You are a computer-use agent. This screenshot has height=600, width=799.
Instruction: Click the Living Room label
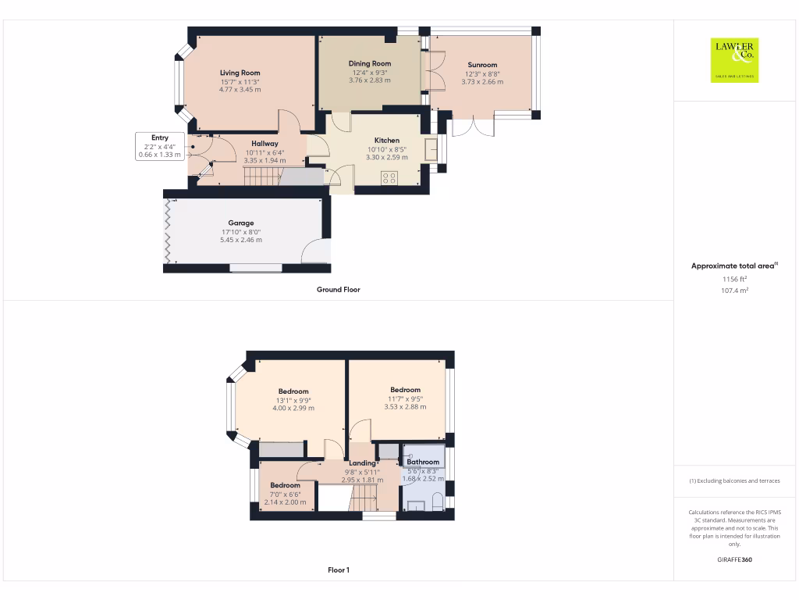pos(240,73)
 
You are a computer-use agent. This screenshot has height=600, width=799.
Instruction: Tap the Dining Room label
pos(370,63)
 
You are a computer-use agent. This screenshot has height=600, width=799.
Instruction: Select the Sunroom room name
pos(482,65)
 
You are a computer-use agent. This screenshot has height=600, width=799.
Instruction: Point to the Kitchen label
pos(387,141)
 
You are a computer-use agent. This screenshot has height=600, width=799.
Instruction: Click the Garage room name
pos(241,223)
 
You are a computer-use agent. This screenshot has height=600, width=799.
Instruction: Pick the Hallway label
pos(265,143)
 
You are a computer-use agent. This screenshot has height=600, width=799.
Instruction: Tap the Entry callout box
pos(160,146)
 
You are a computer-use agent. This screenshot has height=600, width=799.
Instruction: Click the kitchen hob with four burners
pos(389,177)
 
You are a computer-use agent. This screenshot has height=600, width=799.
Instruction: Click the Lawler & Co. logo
pos(734,60)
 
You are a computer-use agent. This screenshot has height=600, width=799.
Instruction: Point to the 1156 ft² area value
pos(733,279)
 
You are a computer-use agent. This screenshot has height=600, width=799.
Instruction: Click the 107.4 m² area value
pos(733,290)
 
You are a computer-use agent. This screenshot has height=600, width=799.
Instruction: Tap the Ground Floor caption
pos(338,289)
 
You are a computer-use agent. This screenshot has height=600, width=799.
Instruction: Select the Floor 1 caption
pos(338,570)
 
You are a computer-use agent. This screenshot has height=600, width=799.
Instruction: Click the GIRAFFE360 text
pos(733,559)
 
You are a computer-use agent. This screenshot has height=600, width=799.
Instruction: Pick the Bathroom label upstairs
pos(423,462)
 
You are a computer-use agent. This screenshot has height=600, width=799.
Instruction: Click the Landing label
pos(362,463)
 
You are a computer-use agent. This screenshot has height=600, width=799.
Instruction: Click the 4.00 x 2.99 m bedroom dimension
pos(293,408)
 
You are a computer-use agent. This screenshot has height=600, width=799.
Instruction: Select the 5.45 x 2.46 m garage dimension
pos(241,240)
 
